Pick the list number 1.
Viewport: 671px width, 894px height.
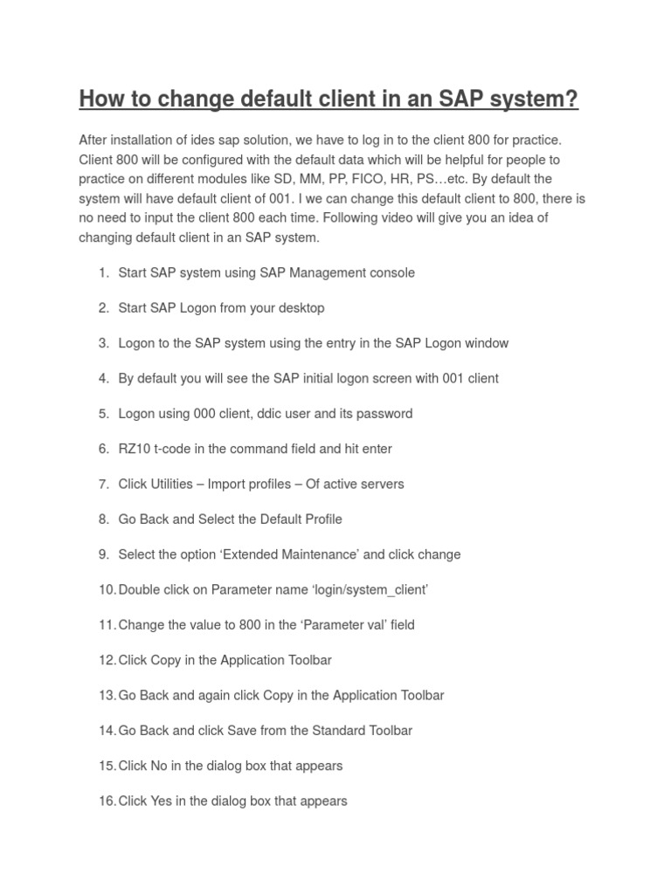(103, 272)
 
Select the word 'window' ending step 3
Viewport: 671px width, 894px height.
(487, 343)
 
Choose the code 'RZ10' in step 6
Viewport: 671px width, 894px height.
(134, 449)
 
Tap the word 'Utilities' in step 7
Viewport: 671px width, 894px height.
(171, 484)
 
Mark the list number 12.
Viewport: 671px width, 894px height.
(107, 660)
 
